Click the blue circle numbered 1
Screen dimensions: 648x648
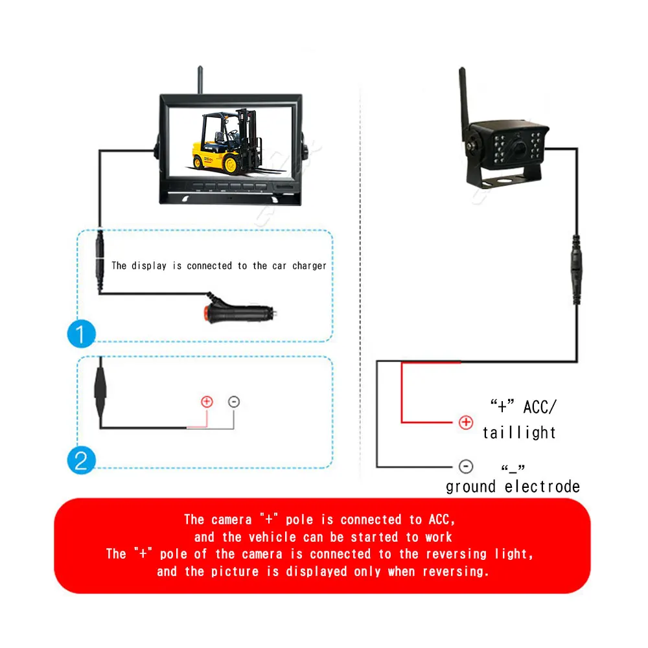[82, 334]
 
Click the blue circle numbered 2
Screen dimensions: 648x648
[82, 460]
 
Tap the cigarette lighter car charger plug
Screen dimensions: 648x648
[240, 311]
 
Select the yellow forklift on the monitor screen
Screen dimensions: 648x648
[227, 141]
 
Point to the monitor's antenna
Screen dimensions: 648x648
[200, 80]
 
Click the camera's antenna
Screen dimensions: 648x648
[464, 103]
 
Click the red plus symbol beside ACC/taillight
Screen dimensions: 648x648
[466, 422]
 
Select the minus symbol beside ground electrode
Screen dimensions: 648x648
[466, 467]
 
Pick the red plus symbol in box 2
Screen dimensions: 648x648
[207, 401]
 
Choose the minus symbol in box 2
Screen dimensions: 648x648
[234, 401]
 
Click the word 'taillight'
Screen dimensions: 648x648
[519, 433]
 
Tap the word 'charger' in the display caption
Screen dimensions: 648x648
[309, 266]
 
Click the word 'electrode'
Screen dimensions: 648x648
[542, 487]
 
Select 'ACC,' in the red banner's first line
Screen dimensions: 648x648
[442, 520]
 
